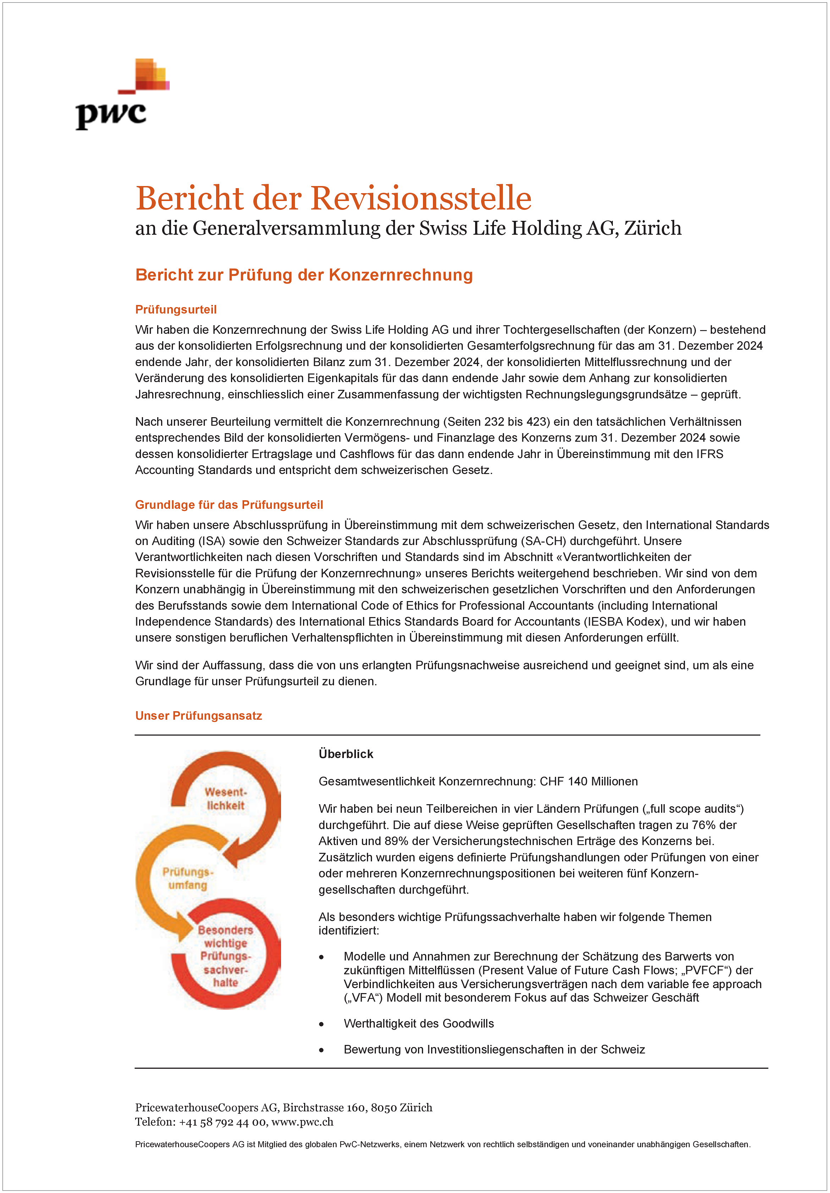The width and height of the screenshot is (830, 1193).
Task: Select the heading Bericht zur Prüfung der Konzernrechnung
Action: [304, 275]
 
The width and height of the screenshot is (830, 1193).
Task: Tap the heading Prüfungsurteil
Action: [176, 310]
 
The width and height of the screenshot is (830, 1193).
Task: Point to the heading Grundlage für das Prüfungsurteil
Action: [229, 505]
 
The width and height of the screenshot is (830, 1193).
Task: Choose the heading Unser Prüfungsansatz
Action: [198, 715]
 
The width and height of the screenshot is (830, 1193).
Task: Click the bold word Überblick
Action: [346, 754]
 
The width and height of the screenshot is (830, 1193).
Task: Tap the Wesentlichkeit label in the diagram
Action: [225, 799]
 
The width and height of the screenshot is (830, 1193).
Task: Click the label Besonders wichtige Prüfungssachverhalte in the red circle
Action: [225, 956]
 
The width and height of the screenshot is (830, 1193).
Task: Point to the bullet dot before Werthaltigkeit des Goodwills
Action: [321, 1024]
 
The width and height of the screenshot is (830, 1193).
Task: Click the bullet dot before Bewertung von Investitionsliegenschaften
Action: [321, 1050]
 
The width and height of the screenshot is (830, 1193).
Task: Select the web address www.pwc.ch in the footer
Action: [302, 1122]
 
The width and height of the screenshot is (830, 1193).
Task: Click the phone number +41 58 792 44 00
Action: [222, 1122]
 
